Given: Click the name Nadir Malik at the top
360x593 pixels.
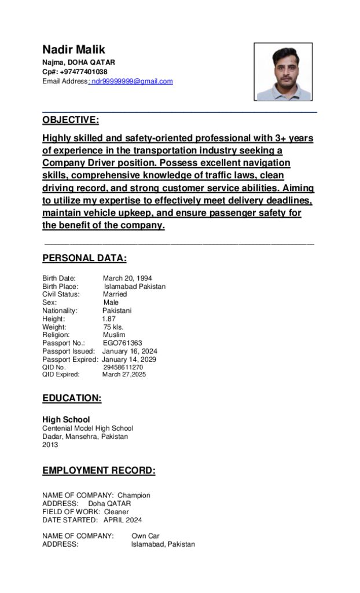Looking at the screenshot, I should coord(74,50).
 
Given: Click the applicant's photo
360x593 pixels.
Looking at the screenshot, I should coord(284,72).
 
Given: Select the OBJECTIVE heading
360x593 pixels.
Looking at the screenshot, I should coord(71,120).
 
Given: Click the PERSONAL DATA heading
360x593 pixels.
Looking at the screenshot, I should coord(85,258).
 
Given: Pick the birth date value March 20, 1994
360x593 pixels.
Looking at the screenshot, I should coord(127,279).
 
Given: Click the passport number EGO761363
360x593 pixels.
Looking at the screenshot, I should coord(122,343).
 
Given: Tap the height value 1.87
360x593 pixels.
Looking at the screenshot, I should coord(109,319).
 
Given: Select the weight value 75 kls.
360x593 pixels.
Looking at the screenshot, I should coord(113,327).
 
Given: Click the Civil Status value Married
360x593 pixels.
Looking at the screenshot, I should coord(115,294).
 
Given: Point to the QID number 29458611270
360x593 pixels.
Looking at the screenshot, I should coord(123,367).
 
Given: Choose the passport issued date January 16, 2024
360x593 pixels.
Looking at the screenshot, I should coord(130,352).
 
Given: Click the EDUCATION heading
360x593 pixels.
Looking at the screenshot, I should coord(72,398).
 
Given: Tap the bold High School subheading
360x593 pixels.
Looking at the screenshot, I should coord(66,419).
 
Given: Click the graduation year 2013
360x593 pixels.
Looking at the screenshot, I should coord(50,445).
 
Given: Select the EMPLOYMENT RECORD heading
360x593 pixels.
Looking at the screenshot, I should coord(99,471).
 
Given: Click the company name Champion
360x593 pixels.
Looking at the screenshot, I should coord(134,496).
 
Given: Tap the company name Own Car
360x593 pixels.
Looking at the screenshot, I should coord(145,536).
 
